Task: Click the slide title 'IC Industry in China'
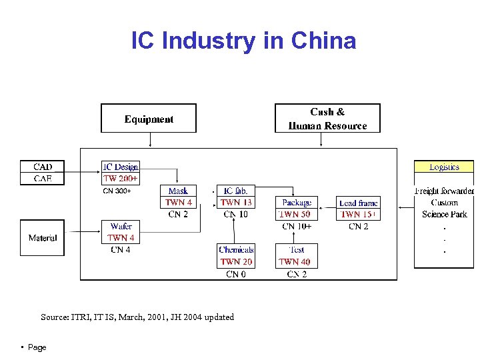point(243,41)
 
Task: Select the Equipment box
point(149,119)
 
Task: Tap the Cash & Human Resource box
point(327,119)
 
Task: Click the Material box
point(43,238)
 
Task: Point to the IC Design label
point(121,167)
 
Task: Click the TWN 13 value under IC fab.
point(236,203)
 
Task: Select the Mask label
point(178,191)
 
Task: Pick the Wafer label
point(121,226)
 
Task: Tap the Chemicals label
point(236,250)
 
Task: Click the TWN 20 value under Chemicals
point(236,262)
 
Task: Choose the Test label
point(297,250)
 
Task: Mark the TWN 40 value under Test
point(295,262)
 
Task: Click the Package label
point(297,203)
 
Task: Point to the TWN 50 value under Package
point(294,215)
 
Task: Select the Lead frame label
point(358,203)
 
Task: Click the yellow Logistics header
point(444,167)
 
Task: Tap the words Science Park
point(444,215)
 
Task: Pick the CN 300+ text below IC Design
point(117,191)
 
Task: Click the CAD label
point(43,167)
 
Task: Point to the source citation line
point(137,317)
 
